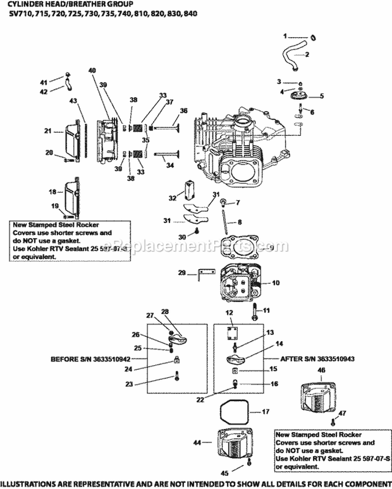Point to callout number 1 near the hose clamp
(x=285, y=36)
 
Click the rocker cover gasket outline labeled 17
(x=235, y=412)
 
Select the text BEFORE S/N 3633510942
(x=90, y=359)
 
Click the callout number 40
(x=92, y=71)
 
